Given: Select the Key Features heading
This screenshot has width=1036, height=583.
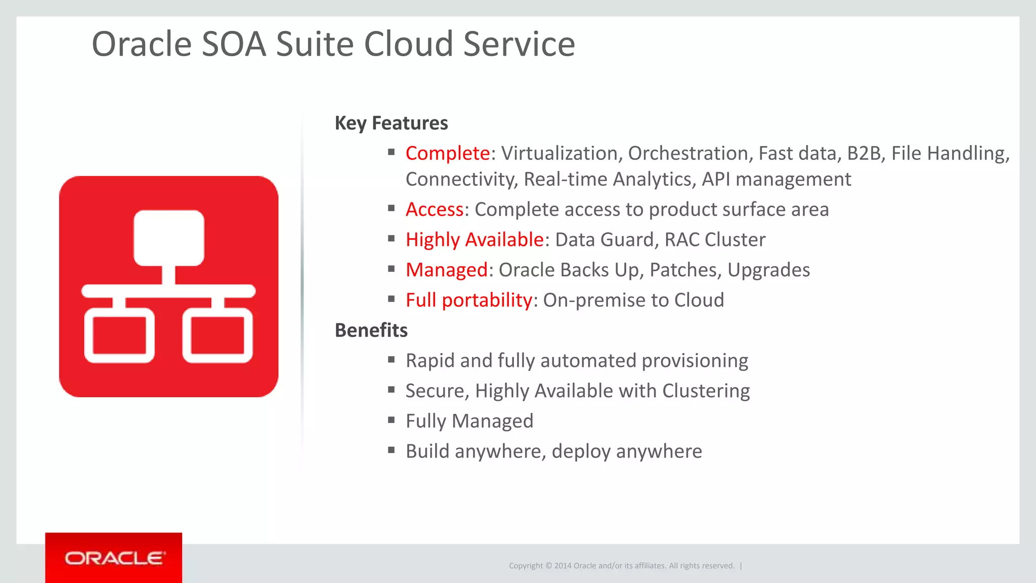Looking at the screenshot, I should tap(391, 123).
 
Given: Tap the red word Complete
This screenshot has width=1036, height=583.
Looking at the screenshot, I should tap(447, 153).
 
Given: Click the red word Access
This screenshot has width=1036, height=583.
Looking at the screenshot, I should tap(435, 210).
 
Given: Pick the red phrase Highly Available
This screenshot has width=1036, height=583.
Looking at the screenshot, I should tap(474, 240).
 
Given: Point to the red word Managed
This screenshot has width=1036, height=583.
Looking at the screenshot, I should tap(447, 270).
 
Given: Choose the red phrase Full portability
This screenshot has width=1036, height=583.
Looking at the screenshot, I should tap(468, 300).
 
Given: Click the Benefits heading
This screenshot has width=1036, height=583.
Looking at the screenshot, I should tap(371, 330).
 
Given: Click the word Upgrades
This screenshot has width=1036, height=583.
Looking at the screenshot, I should tap(768, 270).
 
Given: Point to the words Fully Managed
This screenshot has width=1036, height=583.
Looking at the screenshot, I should tap(469, 421).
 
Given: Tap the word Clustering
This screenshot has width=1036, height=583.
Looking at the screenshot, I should tap(706, 391).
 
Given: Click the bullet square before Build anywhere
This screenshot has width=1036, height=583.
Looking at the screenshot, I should tap(391, 449).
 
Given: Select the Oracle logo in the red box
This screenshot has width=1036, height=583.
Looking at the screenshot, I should tap(114, 558).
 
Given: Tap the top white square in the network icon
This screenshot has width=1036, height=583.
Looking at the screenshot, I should tap(168, 238).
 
